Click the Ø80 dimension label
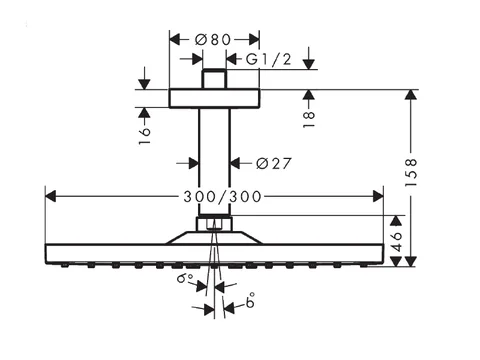coord(213,40)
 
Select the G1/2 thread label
coord(268,59)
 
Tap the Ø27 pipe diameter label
coord(274,163)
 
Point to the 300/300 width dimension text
coord(222,197)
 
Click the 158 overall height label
coord(411,172)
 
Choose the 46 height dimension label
coord(396,241)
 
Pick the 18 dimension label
coord(309,119)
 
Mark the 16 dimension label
coord(144,135)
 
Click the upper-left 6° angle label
coord(184,278)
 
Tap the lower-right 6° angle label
coord(250,300)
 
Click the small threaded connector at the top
coord(214,79)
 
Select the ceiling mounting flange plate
coord(214,98)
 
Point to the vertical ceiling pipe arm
coord(214,162)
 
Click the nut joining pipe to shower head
coord(214,223)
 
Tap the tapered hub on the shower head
coord(214,238)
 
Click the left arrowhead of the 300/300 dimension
coord(50,196)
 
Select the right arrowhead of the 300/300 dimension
coord(378,196)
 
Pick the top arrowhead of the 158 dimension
coord(411,95)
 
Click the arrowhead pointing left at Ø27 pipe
coord(235,163)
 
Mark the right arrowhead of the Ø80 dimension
coord(254,40)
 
